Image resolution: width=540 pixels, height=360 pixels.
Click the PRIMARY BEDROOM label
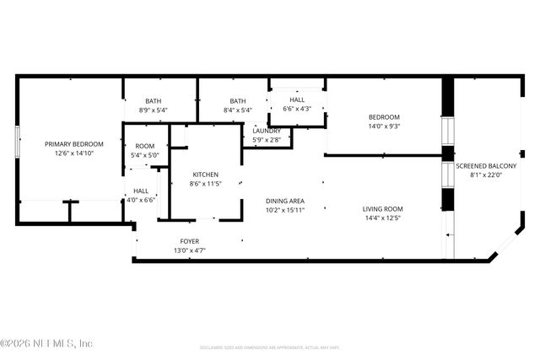click(x=73, y=144)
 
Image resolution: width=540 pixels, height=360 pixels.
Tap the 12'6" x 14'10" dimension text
click(x=73, y=153)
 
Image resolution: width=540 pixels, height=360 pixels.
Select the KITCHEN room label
click(x=205, y=175)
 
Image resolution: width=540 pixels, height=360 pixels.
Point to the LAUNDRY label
click(x=267, y=131)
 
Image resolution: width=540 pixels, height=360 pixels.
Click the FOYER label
click(x=190, y=241)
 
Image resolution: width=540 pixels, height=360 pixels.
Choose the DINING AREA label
click(x=284, y=200)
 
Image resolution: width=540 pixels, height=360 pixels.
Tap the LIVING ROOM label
click(x=383, y=209)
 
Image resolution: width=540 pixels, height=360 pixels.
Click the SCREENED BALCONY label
click(x=486, y=166)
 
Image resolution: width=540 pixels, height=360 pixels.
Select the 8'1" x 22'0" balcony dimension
click(x=486, y=175)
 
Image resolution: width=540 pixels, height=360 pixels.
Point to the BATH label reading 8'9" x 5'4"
click(x=153, y=101)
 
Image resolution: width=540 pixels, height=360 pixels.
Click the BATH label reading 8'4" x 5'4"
click(x=237, y=101)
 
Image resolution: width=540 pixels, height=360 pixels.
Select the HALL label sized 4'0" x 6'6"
click(x=141, y=191)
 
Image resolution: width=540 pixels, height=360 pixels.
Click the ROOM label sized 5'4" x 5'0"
click(x=144, y=146)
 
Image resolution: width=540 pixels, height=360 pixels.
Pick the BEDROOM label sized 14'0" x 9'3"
click(x=383, y=117)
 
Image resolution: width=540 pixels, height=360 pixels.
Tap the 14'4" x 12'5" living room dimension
click(x=383, y=218)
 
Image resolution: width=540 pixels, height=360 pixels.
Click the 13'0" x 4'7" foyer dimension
click(x=190, y=250)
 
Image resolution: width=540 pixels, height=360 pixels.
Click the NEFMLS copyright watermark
click(x=46, y=343)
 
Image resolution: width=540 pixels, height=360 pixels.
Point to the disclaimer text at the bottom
click(x=269, y=347)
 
